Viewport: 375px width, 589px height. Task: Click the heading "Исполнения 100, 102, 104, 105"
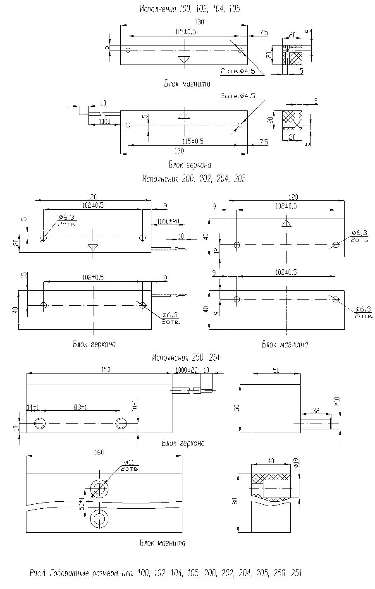point(189,9)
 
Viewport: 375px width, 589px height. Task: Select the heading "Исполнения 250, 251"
point(185,357)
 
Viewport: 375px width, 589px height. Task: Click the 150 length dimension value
point(106,370)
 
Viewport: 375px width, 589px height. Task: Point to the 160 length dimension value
point(99,453)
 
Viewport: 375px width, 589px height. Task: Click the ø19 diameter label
point(295,462)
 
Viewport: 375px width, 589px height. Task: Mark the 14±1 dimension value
point(33,407)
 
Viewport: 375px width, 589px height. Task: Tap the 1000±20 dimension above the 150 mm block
point(187,370)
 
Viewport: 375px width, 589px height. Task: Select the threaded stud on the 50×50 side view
point(316,424)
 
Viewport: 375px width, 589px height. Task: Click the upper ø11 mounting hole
point(99,489)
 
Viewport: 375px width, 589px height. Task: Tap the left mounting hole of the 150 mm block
point(41,424)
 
